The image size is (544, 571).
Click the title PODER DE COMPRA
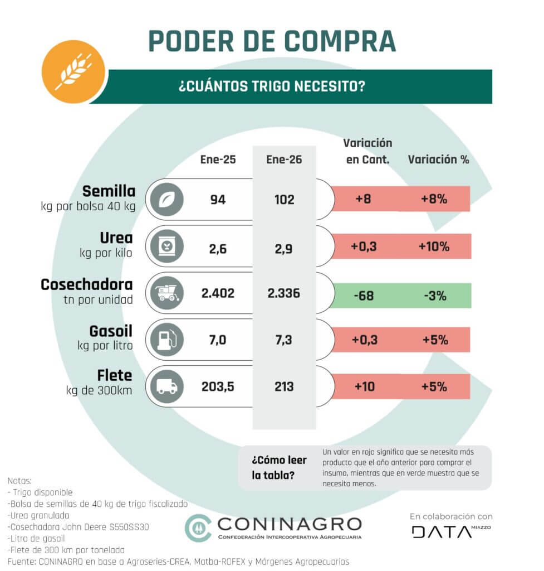click(x=272, y=41)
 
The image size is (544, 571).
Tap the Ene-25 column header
click(x=218, y=159)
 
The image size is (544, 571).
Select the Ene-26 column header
click(x=284, y=159)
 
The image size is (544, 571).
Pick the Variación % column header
click(x=438, y=159)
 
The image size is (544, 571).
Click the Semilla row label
click(x=109, y=191)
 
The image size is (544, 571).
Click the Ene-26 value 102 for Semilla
click(x=284, y=199)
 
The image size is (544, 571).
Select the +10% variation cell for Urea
click(x=434, y=246)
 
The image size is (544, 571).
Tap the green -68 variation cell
click(x=364, y=295)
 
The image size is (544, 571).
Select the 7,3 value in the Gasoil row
click(x=284, y=340)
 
